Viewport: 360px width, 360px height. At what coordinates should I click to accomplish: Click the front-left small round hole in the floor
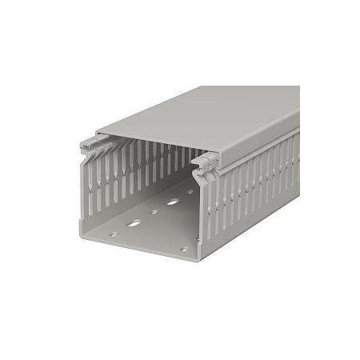(x=113, y=234)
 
